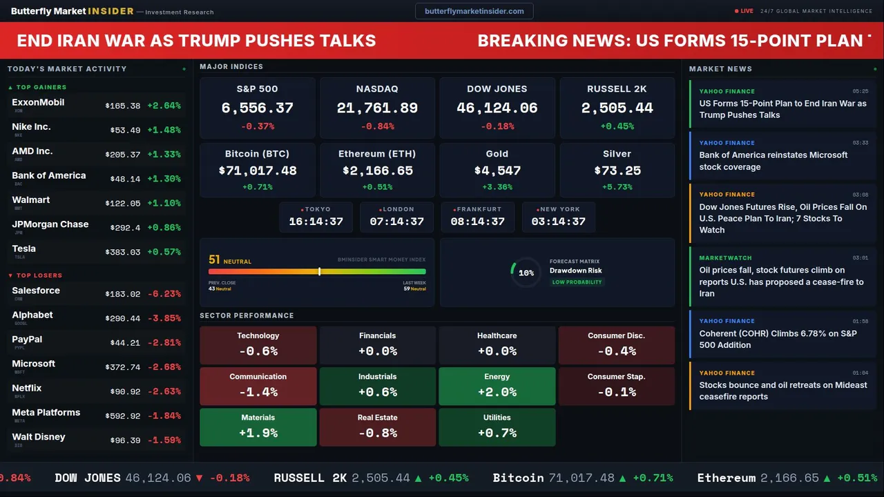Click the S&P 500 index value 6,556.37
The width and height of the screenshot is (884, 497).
click(x=257, y=108)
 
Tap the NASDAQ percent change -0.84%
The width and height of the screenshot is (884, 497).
click(x=377, y=126)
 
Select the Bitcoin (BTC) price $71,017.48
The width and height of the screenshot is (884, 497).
click(x=258, y=170)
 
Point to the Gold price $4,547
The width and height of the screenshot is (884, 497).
click(x=497, y=170)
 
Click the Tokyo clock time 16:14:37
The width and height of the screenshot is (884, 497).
click(x=316, y=222)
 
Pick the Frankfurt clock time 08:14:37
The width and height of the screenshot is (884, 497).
click(x=477, y=222)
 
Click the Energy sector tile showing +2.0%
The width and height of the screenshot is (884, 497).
click(x=497, y=386)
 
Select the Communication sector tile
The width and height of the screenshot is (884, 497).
click(x=258, y=386)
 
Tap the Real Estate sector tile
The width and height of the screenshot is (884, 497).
click(x=378, y=427)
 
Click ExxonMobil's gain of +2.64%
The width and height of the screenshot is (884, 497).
click(x=164, y=106)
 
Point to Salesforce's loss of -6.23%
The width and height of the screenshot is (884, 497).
click(x=164, y=294)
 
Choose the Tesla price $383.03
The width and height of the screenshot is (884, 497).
click(x=123, y=253)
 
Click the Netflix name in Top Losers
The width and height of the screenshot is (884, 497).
click(x=27, y=388)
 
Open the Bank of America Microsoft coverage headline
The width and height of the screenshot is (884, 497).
click(x=773, y=161)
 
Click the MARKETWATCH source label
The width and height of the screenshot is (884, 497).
click(x=725, y=258)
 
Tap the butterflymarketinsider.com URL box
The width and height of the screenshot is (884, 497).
click(x=474, y=11)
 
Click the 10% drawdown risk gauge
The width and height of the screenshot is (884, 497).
click(x=526, y=273)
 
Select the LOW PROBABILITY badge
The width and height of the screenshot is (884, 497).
click(x=577, y=282)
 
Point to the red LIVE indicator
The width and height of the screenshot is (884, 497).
click(x=744, y=11)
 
